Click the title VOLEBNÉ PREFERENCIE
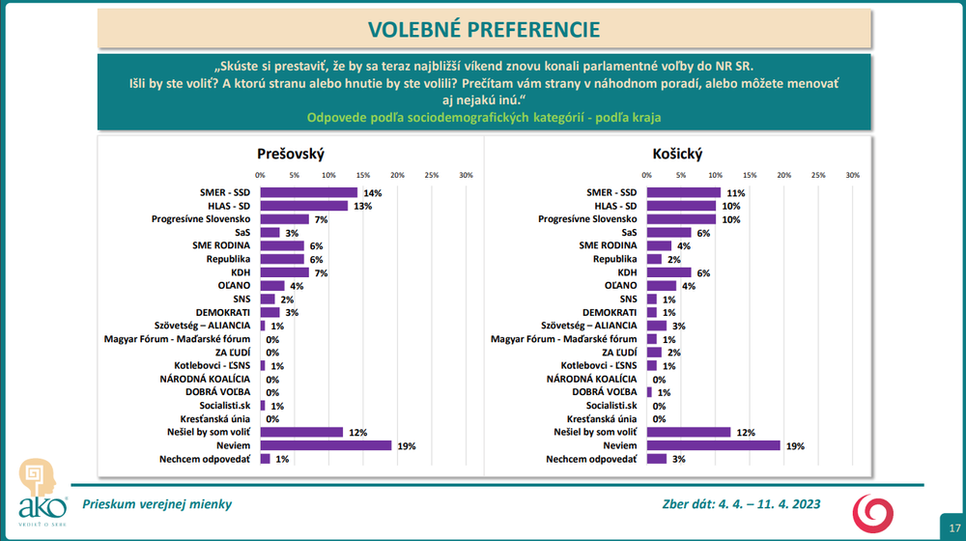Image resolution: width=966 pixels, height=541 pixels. click(482, 28)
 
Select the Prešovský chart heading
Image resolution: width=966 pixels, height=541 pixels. click(290, 155)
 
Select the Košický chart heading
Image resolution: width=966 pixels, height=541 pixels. click(676, 155)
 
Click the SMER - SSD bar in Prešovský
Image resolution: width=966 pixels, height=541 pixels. click(308, 192)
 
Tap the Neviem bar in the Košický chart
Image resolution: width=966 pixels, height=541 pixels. click(713, 445)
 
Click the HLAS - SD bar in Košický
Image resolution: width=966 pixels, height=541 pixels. click(681, 206)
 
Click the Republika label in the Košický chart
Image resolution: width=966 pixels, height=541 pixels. click(614, 259)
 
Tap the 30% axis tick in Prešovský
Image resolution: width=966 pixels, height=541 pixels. click(466, 175)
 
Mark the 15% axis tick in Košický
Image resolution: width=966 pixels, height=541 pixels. click(750, 175)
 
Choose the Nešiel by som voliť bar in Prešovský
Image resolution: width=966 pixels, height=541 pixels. click(301, 432)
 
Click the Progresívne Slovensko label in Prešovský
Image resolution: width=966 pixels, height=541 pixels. click(201, 219)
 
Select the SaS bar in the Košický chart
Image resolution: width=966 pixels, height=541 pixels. click(668, 233)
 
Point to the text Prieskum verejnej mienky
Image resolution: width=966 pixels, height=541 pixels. click(156, 503)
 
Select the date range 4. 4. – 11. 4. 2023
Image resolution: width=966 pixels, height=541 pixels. click(761, 503)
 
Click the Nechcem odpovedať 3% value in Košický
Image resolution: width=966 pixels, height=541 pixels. click(680, 459)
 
